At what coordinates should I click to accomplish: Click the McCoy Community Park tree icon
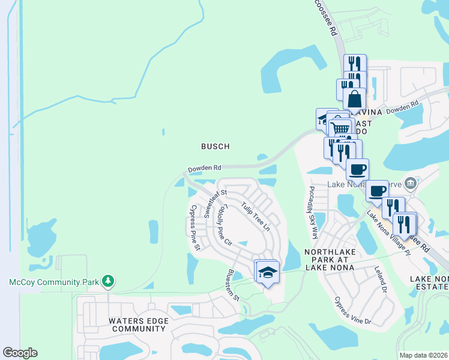tap(108, 280)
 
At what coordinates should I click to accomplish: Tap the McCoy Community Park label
tap(54, 281)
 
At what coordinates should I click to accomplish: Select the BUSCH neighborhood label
tap(215, 146)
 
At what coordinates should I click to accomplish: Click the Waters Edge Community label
tap(137, 325)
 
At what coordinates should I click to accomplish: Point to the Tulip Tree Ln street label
tap(256, 217)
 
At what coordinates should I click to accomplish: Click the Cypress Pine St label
tap(195, 227)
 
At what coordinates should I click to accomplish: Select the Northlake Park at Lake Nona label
tap(334, 258)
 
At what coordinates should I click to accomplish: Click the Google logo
tap(20, 353)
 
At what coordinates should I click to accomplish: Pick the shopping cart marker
tap(340, 128)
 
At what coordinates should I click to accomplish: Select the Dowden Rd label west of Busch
tap(205, 169)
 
